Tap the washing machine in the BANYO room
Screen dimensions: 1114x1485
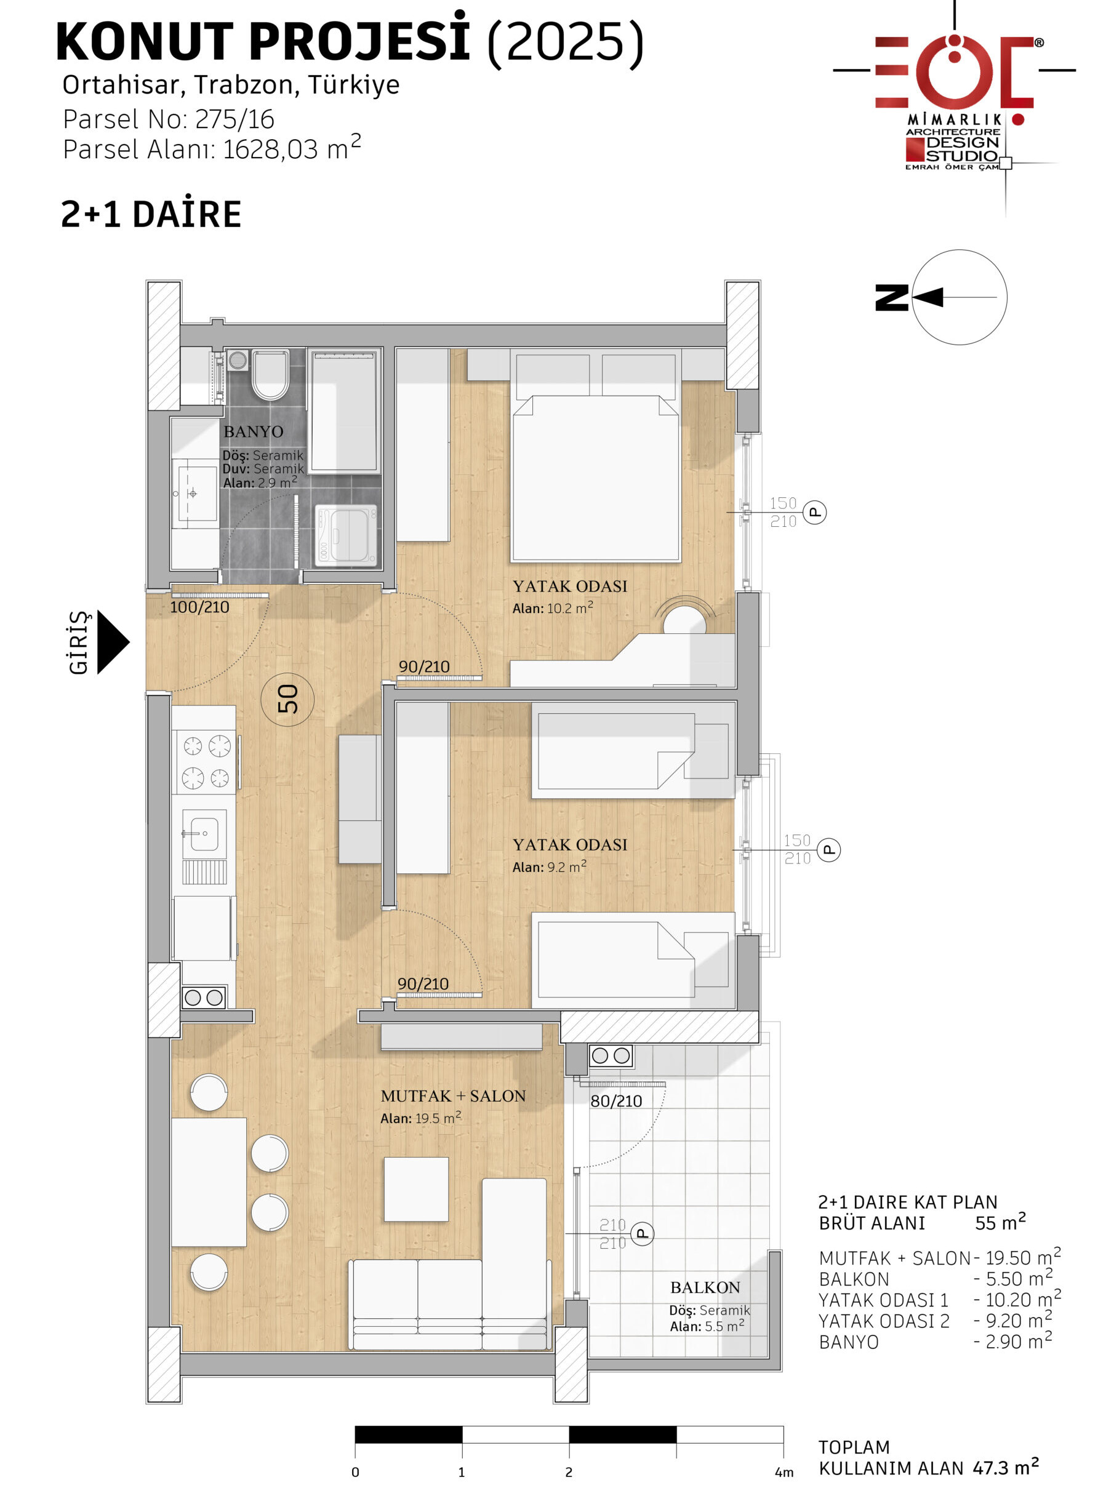(346, 535)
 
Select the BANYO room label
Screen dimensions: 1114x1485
(253, 431)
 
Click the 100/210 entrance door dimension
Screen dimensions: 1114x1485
(199, 607)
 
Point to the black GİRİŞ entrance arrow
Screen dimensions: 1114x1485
(113, 642)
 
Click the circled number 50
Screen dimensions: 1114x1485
(287, 699)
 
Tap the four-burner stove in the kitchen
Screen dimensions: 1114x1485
(206, 762)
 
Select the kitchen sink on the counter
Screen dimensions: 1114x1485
(204, 833)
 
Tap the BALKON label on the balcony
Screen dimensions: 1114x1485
(705, 1287)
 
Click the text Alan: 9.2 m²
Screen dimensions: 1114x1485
(549, 866)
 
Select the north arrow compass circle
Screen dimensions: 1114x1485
(960, 297)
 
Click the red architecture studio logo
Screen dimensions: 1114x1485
(954, 94)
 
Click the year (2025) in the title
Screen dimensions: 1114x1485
(566, 42)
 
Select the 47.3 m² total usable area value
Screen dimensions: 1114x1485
(1006, 1468)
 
